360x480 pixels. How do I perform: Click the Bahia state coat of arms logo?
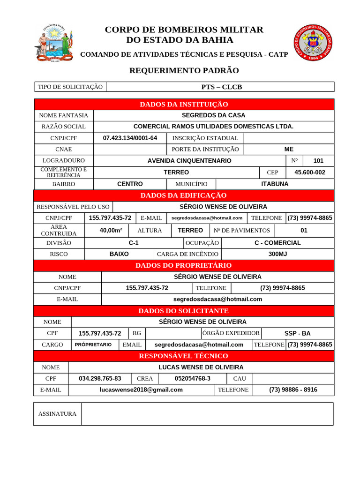[x=53, y=43]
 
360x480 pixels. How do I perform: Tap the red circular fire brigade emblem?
[x=315, y=43]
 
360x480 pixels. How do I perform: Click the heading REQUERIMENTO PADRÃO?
[x=184, y=71]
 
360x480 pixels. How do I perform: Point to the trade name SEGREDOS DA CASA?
[x=213, y=115]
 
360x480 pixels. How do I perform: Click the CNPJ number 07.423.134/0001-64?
[x=130, y=138]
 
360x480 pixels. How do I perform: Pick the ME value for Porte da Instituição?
[x=289, y=149]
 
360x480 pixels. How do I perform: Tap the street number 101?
[x=318, y=161]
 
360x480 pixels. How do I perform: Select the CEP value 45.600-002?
[x=309, y=172]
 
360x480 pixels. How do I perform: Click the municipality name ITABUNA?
[x=275, y=184]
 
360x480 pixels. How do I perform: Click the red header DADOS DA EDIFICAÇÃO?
[x=183, y=195]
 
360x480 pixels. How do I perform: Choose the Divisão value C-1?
[x=134, y=243]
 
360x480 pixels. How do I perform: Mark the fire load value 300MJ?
[x=277, y=254]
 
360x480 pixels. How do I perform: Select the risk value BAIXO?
[x=119, y=254]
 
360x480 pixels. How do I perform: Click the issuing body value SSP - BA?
[x=297, y=333]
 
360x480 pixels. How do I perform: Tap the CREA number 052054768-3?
[x=192, y=378]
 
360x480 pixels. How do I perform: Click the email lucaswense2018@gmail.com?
[x=141, y=390]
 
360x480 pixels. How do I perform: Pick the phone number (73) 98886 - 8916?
[x=293, y=390]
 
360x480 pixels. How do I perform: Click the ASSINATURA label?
[x=57, y=414]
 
